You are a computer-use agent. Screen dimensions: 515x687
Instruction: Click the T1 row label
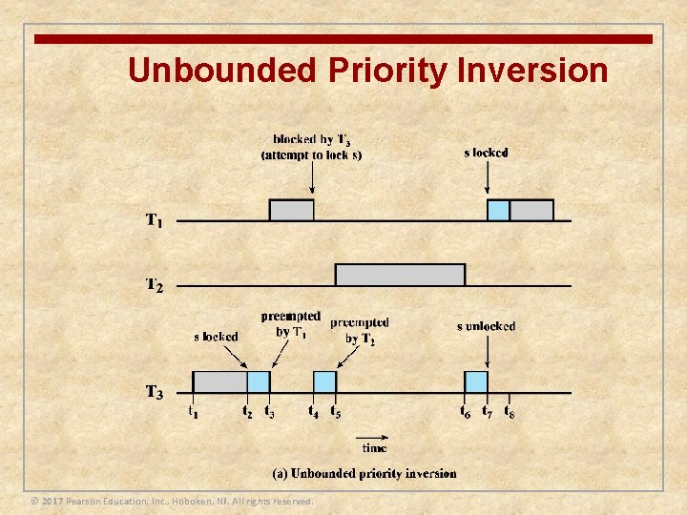click(x=154, y=221)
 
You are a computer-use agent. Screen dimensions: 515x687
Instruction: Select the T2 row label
click(x=154, y=285)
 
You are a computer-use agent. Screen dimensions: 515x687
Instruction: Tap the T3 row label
click(x=154, y=392)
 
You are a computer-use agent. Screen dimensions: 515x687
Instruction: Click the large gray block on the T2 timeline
click(x=400, y=275)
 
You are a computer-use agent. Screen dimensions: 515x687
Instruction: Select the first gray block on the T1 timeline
click(x=291, y=211)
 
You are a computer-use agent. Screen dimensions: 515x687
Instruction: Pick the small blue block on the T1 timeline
click(x=498, y=211)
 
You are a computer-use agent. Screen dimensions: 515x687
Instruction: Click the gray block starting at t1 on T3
click(x=219, y=381)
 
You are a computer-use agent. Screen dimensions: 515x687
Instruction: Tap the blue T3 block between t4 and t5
click(x=324, y=381)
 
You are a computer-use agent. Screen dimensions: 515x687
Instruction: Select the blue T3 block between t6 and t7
click(x=475, y=381)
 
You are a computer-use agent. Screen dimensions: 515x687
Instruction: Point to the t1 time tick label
click(x=193, y=412)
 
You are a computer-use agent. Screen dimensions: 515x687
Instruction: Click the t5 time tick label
click(x=336, y=412)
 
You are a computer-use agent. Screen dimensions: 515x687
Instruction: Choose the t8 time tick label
click(x=510, y=412)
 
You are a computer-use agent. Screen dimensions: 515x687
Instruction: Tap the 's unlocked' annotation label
click(x=486, y=326)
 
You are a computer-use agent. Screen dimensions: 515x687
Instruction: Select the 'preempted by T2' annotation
click(x=360, y=331)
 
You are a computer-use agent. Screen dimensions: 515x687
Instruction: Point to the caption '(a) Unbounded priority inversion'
click(x=364, y=473)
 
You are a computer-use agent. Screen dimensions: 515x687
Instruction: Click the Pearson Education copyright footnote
click(x=172, y=502)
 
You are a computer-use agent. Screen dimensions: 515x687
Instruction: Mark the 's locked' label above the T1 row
click(x=486, y=153)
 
